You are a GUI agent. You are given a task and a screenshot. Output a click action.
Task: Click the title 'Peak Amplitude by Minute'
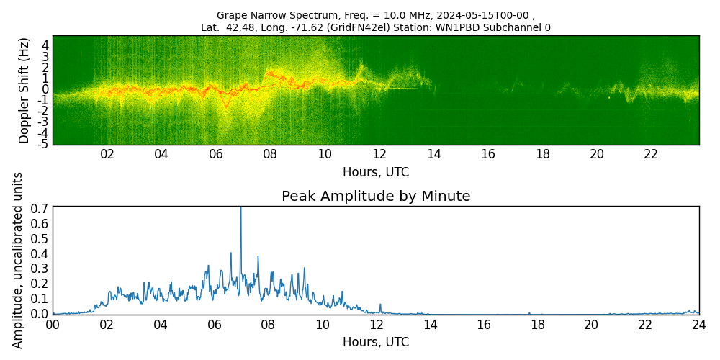pyautogui.click(x=376, y=197)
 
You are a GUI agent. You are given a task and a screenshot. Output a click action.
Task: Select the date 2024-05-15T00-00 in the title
pyautogui.click(x=483, y=15)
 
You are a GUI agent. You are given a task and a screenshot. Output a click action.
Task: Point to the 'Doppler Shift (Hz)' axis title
pyautogui.click(x=24, y=90)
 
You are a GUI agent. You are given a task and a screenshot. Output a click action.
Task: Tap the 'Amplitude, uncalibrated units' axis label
pyautogui.click(x=18, y=260)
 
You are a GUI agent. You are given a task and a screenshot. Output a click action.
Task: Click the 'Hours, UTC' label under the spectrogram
pyautogui.click(x=376, y=172)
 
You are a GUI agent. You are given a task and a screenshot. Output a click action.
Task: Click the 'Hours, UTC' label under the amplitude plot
pyautogui.click(x=376, y=342)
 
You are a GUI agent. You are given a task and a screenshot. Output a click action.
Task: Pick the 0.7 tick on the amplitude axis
pyautogui.click(x=40, y=209)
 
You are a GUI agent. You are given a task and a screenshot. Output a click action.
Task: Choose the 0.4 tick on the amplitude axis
pyautogui.click(x=40, y=254)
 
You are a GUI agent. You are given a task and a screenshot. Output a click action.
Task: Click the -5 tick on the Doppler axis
pyautogui.click(x=43, y=144)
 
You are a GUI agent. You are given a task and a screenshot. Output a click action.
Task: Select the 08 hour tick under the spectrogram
pyautogui.click(x=270, y=154)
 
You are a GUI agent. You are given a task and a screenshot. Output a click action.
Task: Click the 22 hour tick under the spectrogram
pyautogui.click(x=651, y=154)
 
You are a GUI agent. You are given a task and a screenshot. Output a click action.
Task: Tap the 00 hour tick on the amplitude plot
pyautogui.click(x=53, y=325)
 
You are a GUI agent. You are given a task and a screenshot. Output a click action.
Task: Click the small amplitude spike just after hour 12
pyautogui.click(x=380, y=305)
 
